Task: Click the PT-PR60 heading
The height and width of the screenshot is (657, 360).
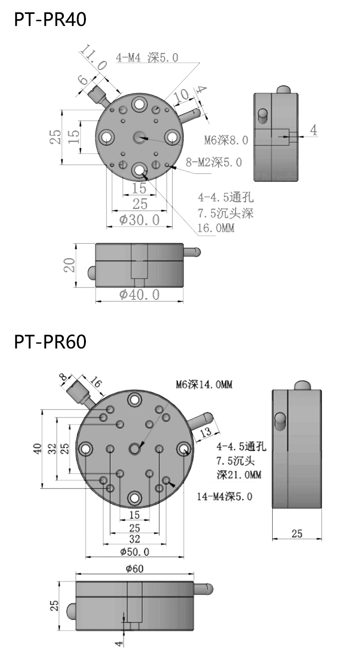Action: pos(50,342)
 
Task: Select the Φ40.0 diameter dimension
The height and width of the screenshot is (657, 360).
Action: pos(139,294)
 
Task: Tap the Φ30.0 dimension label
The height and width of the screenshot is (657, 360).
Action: pos(139,220)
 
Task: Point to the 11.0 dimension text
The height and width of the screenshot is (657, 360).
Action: pos(93,57)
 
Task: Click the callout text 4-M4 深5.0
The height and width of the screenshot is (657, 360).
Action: pos(147,58)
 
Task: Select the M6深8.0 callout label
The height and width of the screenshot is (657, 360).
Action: pos(226,140)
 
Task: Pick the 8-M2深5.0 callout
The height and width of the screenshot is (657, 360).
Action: pos(214,163)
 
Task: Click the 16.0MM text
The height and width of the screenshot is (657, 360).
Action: pos(216,228)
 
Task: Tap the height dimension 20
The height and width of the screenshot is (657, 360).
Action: pos(70,265)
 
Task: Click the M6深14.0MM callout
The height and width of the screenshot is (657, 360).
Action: pos(204,384)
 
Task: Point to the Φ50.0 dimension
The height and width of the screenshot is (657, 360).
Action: pos(134,551)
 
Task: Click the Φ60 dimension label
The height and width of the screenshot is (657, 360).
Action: pos(134,569)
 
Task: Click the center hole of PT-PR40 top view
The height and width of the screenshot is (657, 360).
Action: pos(140,138)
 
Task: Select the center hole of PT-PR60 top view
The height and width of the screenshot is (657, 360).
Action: pos(134,449)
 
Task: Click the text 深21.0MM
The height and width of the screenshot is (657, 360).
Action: pos(239,475)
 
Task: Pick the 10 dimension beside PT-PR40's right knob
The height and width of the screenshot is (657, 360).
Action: pos(182,96)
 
